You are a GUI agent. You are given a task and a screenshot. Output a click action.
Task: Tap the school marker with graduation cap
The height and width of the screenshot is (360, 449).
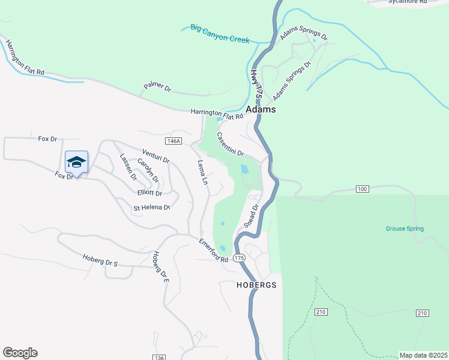[x=76, y=162]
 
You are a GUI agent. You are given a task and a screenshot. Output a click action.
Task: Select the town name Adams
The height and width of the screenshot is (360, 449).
[x=261, y=110]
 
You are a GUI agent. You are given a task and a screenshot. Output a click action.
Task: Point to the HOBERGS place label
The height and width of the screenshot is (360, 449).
[x=256, y=285]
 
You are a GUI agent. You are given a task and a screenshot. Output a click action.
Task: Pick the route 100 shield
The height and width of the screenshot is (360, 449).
[x=361, y=190]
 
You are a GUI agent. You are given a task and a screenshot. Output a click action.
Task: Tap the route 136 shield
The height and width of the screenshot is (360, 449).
[x=159, y=358]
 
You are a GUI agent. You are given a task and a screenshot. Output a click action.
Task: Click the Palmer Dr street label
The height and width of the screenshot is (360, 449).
[x=157, y=88]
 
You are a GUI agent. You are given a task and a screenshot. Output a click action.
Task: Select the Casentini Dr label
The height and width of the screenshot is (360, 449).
[x=231, y=145]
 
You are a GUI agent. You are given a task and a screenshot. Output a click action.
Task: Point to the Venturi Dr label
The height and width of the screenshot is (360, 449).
[x=156, y=157]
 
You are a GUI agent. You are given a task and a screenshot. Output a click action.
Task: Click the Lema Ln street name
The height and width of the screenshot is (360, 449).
[x=202, y=172]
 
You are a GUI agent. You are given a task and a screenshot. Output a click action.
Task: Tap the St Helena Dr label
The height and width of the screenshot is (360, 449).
[x=152, y=208]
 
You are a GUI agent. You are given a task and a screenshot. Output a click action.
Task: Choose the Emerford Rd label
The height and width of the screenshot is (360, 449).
[x=214, y=250]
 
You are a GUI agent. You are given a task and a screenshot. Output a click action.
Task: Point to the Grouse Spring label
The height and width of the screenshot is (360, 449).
[x=405, y=229]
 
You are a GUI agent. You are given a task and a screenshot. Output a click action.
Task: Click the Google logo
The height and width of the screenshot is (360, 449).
[x=20, y=353]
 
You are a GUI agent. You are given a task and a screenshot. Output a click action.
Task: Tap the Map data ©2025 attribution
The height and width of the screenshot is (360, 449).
[x=423, y=355]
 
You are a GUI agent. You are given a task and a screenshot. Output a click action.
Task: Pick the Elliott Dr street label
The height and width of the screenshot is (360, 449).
[x=149, y=193]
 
